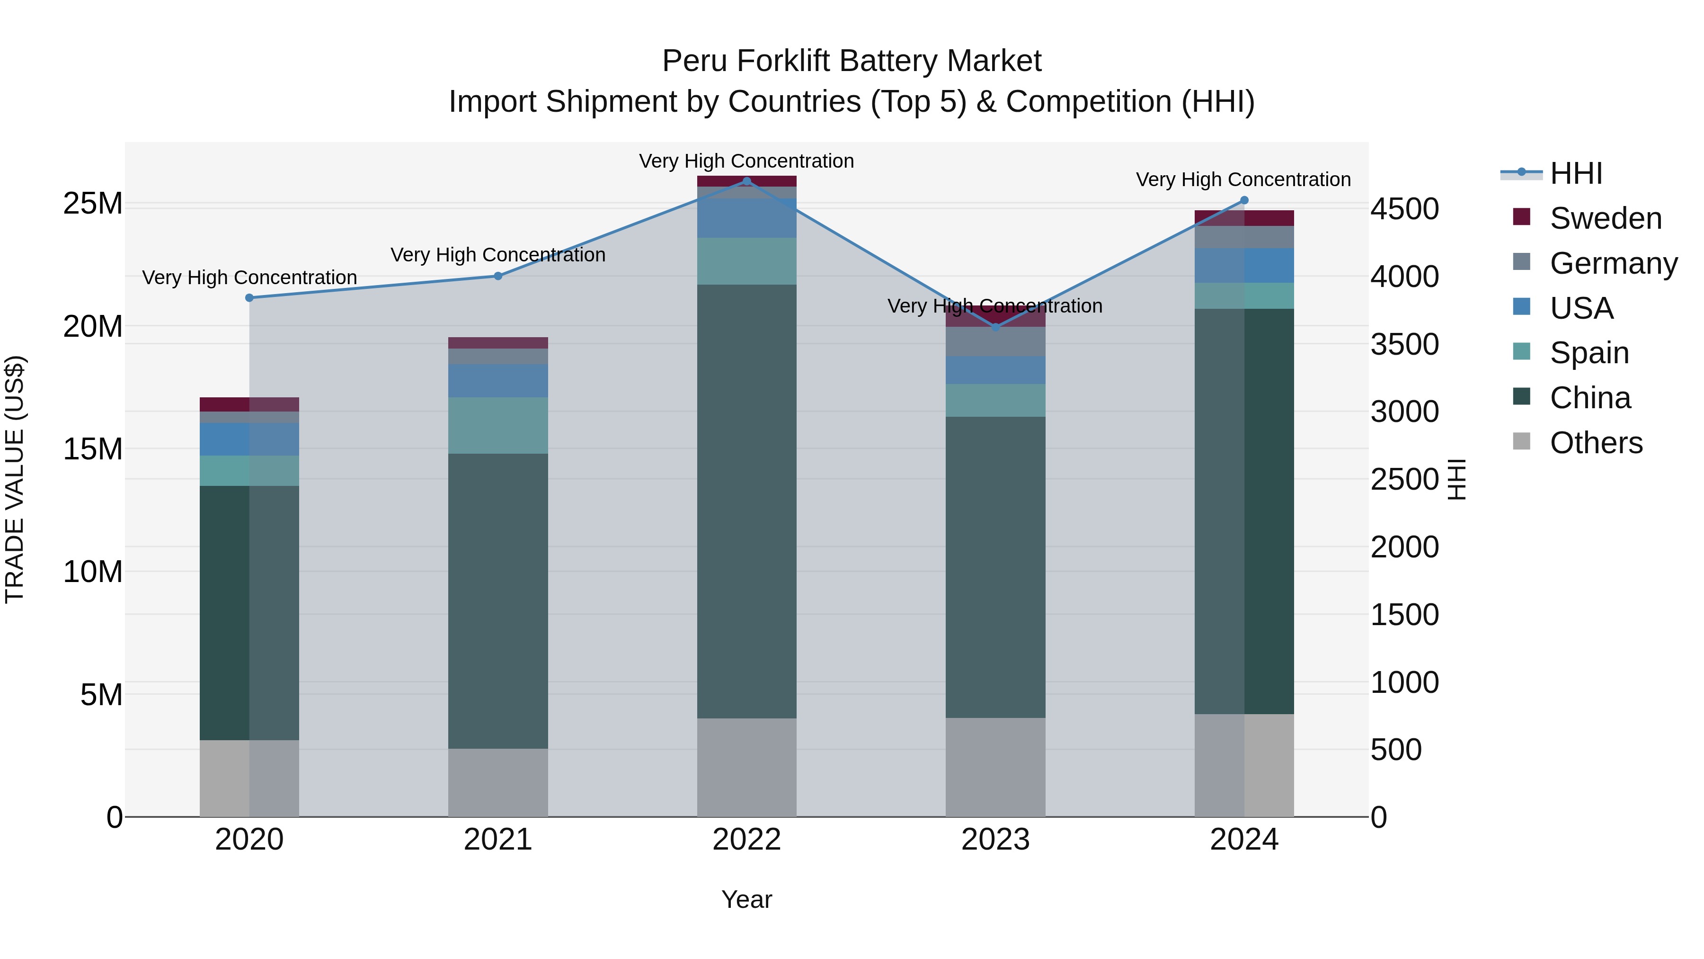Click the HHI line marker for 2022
click(747, 181)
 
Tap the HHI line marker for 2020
click(249, 298)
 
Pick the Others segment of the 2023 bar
click(995, 767)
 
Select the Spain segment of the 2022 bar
click(747, 261)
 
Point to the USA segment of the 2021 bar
click(498, 381)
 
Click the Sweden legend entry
click(1606, 218)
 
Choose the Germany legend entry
click(1614, 263)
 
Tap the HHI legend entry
click(1576, 173)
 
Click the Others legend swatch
click(1521, 441)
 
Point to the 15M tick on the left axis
click(93, 449)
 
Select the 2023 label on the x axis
click(995, 840)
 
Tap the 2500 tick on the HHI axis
click(1404, 480)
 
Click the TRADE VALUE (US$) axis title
click(15, 479)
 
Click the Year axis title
click(747, 899)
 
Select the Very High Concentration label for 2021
click(498, 255)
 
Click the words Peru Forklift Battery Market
click(852, 61)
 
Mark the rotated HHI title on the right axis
click(1457, 479)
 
